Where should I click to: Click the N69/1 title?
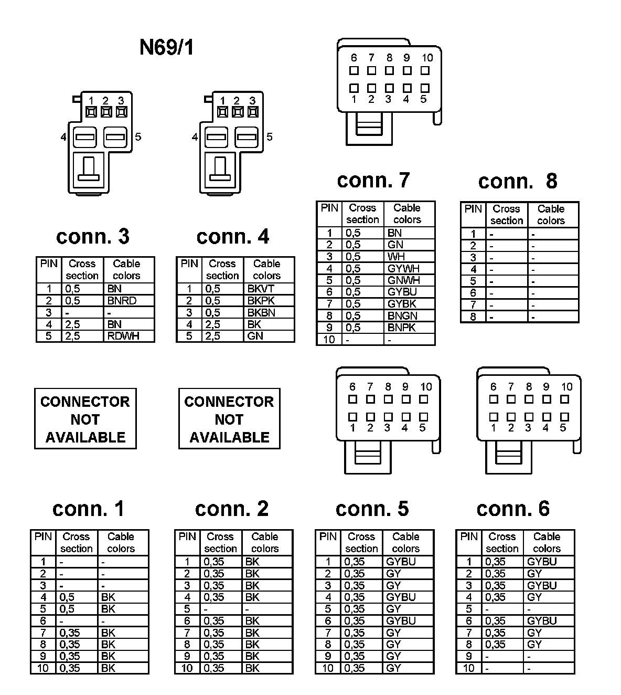click(x=166, y=47)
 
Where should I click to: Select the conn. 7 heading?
click(x=373, y=180)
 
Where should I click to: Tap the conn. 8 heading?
click(x=517, y=181)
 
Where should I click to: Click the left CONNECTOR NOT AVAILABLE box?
click(x=85, y=419)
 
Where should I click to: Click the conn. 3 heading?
click(x=92, y=237)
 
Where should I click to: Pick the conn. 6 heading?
click(x=512, y=509)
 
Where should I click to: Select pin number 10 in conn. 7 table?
click(x=329, y=340)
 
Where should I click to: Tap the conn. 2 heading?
click(x=231, y=509)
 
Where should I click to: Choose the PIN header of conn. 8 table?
click(x=473, y=209)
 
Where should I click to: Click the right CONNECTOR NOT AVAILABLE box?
click(x=229, y=419)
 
